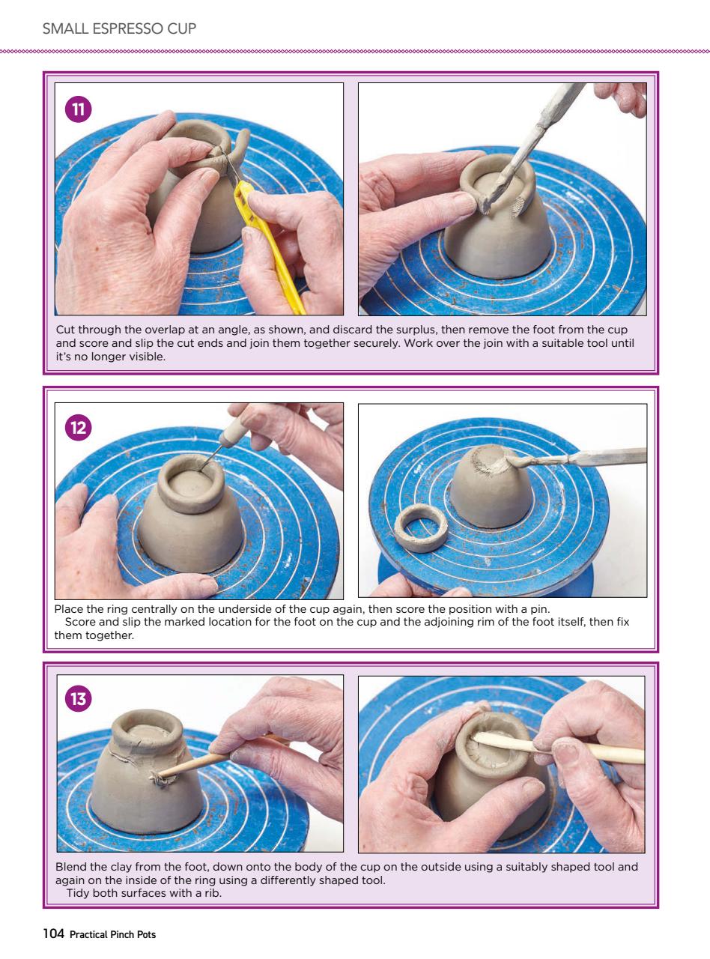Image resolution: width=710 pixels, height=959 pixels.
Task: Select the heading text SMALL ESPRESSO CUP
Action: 119,29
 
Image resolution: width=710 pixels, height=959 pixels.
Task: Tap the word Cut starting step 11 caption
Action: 65,330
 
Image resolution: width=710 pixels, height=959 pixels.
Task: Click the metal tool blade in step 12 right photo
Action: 599,456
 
